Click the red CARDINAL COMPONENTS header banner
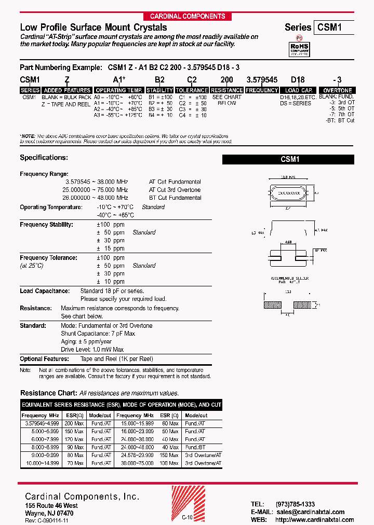click(188, 16)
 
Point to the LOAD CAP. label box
click(299, 90)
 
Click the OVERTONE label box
click(338, 90)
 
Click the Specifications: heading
click(44, 157)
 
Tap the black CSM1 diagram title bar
click(288, 160)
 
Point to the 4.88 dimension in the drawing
click(288, 242)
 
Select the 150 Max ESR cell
click(169, 455)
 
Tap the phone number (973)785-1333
click(295, 504)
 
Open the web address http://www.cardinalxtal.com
click(314, 520)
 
